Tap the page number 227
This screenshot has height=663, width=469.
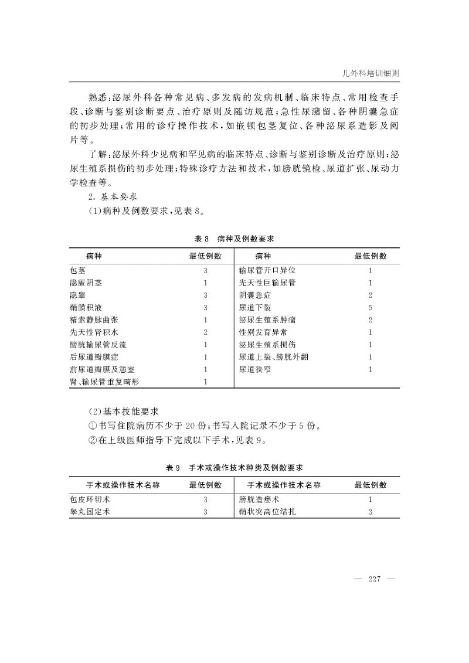pos(375,580)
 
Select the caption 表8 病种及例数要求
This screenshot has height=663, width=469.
pos(235,239)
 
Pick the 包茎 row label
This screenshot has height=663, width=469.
pos(77,271)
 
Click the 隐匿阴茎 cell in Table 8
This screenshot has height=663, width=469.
pos(86,283)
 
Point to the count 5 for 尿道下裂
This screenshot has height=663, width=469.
pos(371,307)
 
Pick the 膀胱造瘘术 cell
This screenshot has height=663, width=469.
pos(259,499)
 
